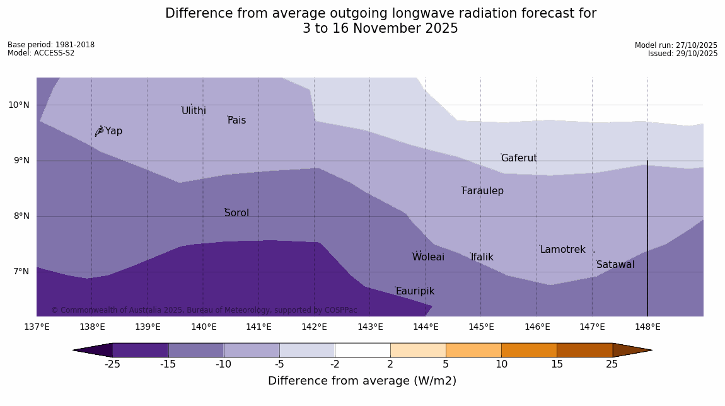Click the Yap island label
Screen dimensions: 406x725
(113, 131)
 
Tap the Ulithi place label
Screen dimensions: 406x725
(194, 111)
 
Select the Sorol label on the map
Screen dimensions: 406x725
(236, 213)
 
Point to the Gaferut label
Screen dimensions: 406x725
(519, 158)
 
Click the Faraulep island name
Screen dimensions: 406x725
(482, 191)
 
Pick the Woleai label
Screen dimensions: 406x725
(428, 257)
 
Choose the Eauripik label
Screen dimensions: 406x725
(415, 291)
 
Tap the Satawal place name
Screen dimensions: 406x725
(615, 265)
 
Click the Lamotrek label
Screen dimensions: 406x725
(562, 250)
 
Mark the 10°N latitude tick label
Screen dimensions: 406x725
(19, 105)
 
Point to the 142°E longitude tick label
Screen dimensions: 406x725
(314, 327)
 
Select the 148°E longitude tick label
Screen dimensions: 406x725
(647, 327)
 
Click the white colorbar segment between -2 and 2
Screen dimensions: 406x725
(362, 350)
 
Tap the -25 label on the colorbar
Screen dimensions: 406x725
(112, 364)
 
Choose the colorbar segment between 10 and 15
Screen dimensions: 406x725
(529, 350)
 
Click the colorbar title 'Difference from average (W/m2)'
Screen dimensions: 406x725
(362, 381)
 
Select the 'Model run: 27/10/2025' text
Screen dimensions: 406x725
(676, 45)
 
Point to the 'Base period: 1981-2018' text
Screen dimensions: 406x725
(51, 45)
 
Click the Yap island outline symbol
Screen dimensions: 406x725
(99, 131)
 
